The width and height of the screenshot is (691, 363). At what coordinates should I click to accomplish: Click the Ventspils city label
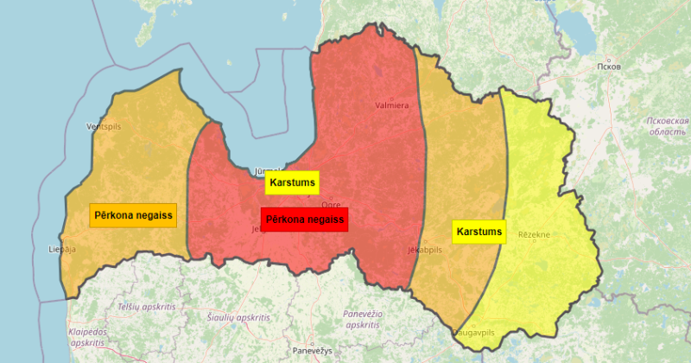[x=105, y=126]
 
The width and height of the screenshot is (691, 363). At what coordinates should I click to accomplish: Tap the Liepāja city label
[x=63, y=249]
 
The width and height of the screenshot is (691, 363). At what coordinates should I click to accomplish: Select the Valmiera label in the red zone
[x=391, y=105]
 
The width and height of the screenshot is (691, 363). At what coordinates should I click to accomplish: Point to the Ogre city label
[x=331, y=205]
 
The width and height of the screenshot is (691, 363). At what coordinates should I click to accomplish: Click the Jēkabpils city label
[x=424, y=250]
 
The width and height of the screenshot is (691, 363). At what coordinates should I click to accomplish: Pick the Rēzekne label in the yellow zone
[x=534, y=235]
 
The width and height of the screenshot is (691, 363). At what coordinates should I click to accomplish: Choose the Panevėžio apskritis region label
[x=363, y=319]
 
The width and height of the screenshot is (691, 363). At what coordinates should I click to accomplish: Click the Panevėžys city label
[x=312, y=351]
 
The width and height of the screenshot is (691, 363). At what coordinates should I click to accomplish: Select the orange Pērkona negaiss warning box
[x=133, y=215]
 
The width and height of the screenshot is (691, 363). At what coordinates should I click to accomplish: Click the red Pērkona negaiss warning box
[x=305, y=220]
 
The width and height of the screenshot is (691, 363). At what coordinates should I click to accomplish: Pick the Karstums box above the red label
[x=292, y=183]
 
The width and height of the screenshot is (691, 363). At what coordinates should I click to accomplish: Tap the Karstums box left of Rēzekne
[x=479, y=232]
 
